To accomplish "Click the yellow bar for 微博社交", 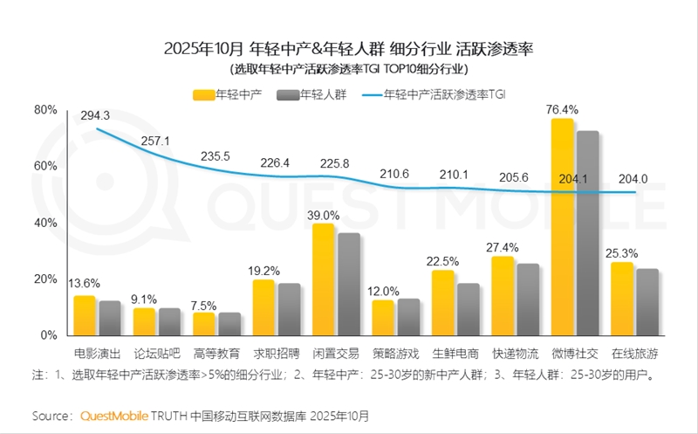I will tap(563, 227).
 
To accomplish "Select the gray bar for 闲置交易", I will tap(349, 284).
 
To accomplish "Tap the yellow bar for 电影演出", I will tap(85, 315).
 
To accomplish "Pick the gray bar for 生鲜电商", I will tap(469, 308).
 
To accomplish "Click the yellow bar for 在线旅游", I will tap(622, 298).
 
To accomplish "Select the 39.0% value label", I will tap(324, 214).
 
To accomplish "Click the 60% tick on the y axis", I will tap(45, 166).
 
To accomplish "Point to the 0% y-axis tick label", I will tap(49, 334).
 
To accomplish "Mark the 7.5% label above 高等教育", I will tap(204, 306).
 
